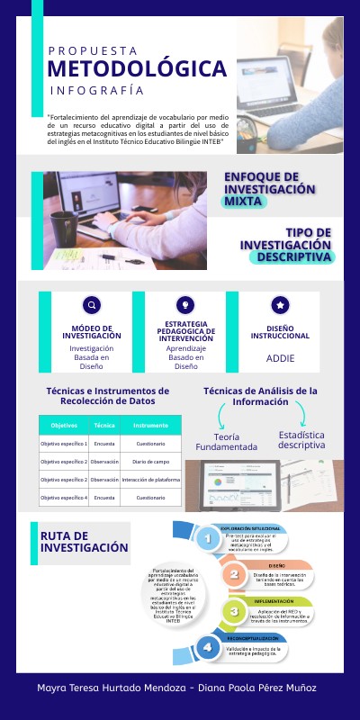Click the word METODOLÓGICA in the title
[137, 69]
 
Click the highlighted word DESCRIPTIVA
[295, 256]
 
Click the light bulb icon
[181, 304]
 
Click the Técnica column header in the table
[104, 425]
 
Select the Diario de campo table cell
[150, 462]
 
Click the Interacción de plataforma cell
[150, 480]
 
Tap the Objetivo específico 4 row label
[64, 498]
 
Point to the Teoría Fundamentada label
[228, 441]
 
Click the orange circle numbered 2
[234, 573]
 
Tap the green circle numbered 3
[234, 611]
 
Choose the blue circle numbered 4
[210, 647]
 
